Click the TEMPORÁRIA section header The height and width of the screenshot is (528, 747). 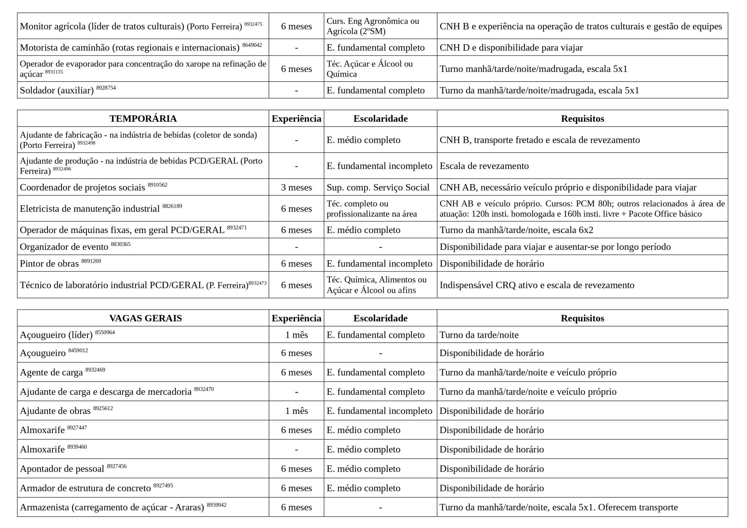tap(143, 119)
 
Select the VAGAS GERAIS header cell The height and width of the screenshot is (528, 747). tap(146, 318)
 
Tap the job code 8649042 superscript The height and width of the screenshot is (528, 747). tap(252, 45)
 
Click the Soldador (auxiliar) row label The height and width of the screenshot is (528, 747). tap(57, 91)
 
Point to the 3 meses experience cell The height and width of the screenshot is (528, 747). tap(296, 188)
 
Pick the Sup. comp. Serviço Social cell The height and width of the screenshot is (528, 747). tap(378, 188)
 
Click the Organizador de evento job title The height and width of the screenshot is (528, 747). tap(64, 247)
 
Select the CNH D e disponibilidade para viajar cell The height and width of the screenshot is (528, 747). tap(511, 48)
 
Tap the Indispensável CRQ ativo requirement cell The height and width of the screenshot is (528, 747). tap(537, 285)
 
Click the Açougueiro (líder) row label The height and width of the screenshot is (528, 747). tap(56, 335)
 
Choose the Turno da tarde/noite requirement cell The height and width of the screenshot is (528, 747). tap(479, 335)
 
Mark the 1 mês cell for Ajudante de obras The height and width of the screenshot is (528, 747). tap(296, 411)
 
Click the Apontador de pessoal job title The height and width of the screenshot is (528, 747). tap(62, 469)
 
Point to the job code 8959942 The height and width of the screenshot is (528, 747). tap(216, 505)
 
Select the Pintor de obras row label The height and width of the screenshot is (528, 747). tap(49, 264)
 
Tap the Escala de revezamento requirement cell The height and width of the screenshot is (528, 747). tap(484, 166)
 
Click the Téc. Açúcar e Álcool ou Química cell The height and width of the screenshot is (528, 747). tap(370, 69)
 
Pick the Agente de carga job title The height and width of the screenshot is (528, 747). tap(51, 373)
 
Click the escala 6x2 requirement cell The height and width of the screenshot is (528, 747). tap(516, 230)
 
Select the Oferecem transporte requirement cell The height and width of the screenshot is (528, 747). tap(559, 507)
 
